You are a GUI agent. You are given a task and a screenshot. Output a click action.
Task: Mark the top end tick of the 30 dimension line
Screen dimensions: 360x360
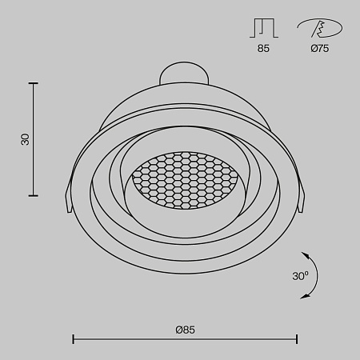[x=34, y=82]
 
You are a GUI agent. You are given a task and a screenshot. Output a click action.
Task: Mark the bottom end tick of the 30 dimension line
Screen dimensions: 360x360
[x=34, y=195]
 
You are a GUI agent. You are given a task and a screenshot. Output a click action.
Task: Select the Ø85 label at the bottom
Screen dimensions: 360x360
[x=185, y=329]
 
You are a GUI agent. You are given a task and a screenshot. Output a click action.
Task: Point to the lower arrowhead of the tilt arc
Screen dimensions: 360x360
[x=304, y=296]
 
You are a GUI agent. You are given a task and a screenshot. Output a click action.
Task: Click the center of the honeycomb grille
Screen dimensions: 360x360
[x=182, y=178]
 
